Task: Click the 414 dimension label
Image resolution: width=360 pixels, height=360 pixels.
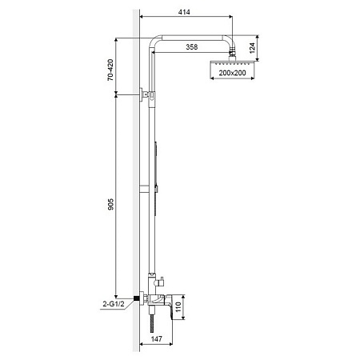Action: click(x=184, y=12)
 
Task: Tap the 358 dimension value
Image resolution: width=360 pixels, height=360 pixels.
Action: click(x=192, y=47)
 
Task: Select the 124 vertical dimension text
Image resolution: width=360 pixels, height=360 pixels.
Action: click(x=252, y=48)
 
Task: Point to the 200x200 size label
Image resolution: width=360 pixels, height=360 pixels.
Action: click(x=232, y=73)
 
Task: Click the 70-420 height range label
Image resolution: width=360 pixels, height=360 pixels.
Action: click(x=110, y=70)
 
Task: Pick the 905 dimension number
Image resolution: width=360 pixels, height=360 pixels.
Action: click(x=110, y=204)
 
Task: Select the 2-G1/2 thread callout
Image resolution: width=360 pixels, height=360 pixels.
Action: click(x=114, y=304)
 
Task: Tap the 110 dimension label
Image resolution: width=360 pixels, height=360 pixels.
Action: click(x=178, y=307)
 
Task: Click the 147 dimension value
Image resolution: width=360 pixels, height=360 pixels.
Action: click(x=157, y=339)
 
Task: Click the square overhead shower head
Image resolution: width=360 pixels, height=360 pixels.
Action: click(x=232, y=63)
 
